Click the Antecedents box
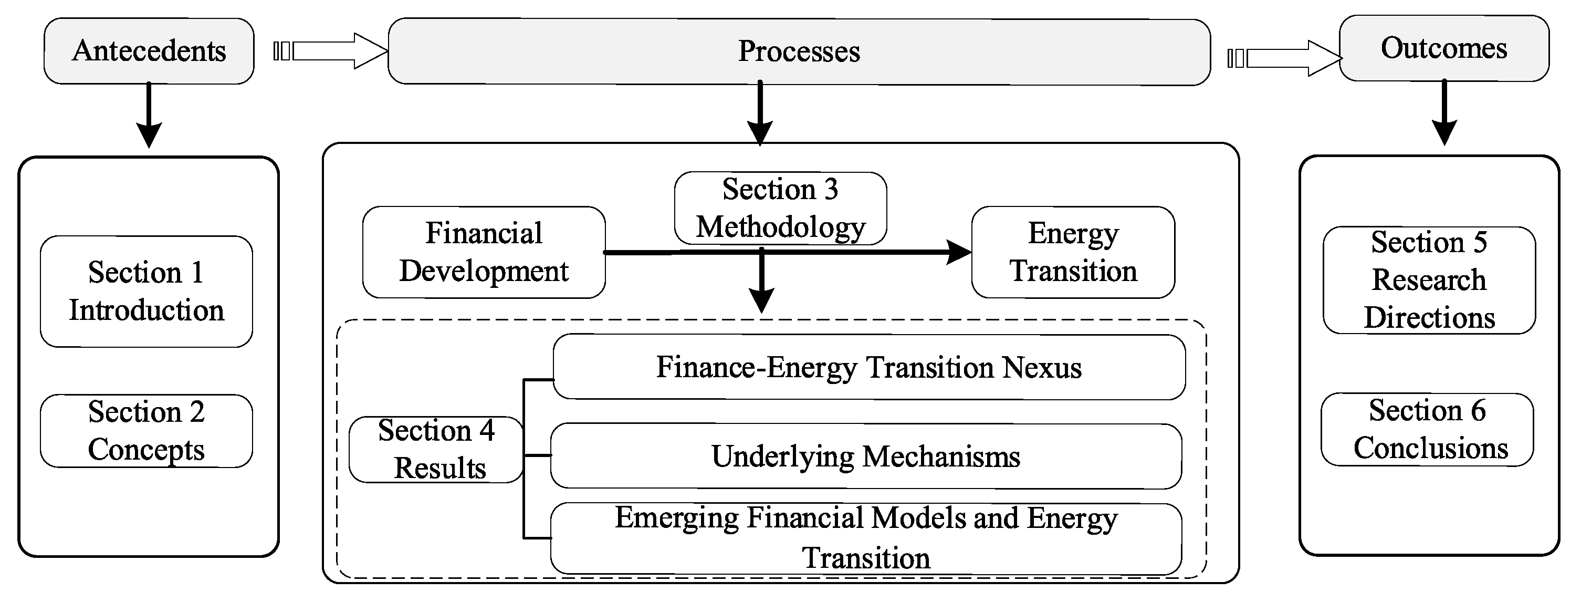pyautogui.click(x=149, y=51)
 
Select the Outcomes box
pyautogui.click(x=1443, y=48)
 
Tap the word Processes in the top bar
pyautogui.click(x=799, y=51)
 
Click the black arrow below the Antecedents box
pyautogui.click(x=149, y=117)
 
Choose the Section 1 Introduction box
pyautogui.click(x=146, y=291)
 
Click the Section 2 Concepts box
pyautogui.click(x=146, y=431)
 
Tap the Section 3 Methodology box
pyautogui.click(x=780, y=208)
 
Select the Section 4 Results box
pyautogui.click(x=436, y=449)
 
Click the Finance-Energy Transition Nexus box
pyautogui.click(x=868, y=367)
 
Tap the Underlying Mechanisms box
pyautogui.click(x=865, y=456)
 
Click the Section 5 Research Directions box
pyautogui.click(x=1429, y=280)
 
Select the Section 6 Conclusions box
pyautogui.click(x=1427, y=429)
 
